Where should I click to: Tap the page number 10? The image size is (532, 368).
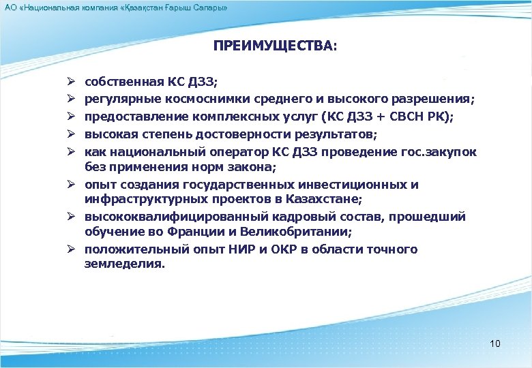[495, 343]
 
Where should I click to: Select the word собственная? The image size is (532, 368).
[124, 83]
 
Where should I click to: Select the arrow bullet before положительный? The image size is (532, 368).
[71, 249]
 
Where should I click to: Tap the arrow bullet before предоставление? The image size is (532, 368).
[71, 117]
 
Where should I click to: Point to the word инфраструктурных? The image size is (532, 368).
[142, 200]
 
